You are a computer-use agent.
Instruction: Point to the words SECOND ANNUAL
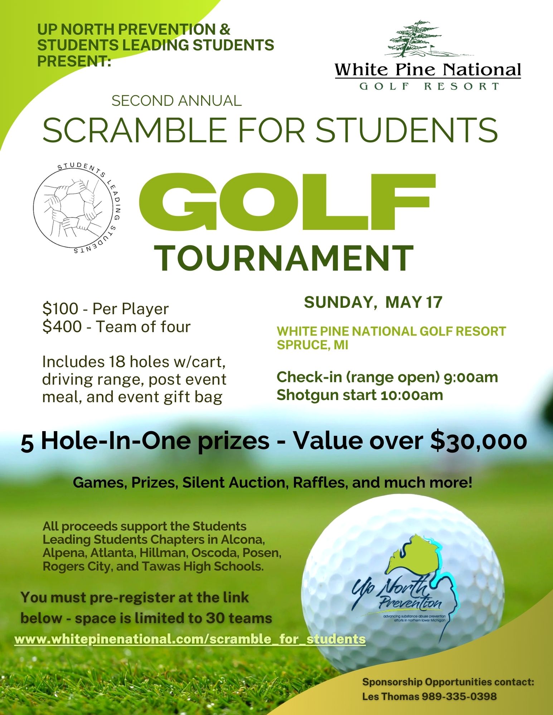coord(176,101)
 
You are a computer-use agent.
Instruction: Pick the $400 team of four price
coord(116,327)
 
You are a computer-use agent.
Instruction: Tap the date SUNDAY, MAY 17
coord(373,302)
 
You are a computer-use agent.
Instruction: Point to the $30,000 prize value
coord(478,441)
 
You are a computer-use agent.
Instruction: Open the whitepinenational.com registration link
coord(190,639)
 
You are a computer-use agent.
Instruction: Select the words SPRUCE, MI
coord(312,345)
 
